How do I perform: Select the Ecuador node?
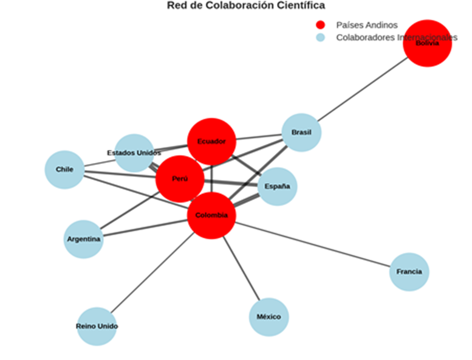[211, 142]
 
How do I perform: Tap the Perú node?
[180, 179]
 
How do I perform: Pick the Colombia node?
[211, 215]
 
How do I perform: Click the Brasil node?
[301, 133]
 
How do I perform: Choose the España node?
[277, 187]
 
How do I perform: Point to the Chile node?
[64, 170]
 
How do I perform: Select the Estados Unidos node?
[134, 153]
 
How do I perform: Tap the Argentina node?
[84, 239]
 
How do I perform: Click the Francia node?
[409, 272]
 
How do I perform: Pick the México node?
[268, 317]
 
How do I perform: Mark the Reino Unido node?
[97, 326]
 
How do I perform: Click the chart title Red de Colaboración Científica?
[246, 5]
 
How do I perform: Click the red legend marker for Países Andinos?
[321, 25]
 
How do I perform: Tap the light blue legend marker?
[321, 38]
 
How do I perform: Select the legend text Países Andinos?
[367, 25]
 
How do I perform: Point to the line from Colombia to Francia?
[316, 245]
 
